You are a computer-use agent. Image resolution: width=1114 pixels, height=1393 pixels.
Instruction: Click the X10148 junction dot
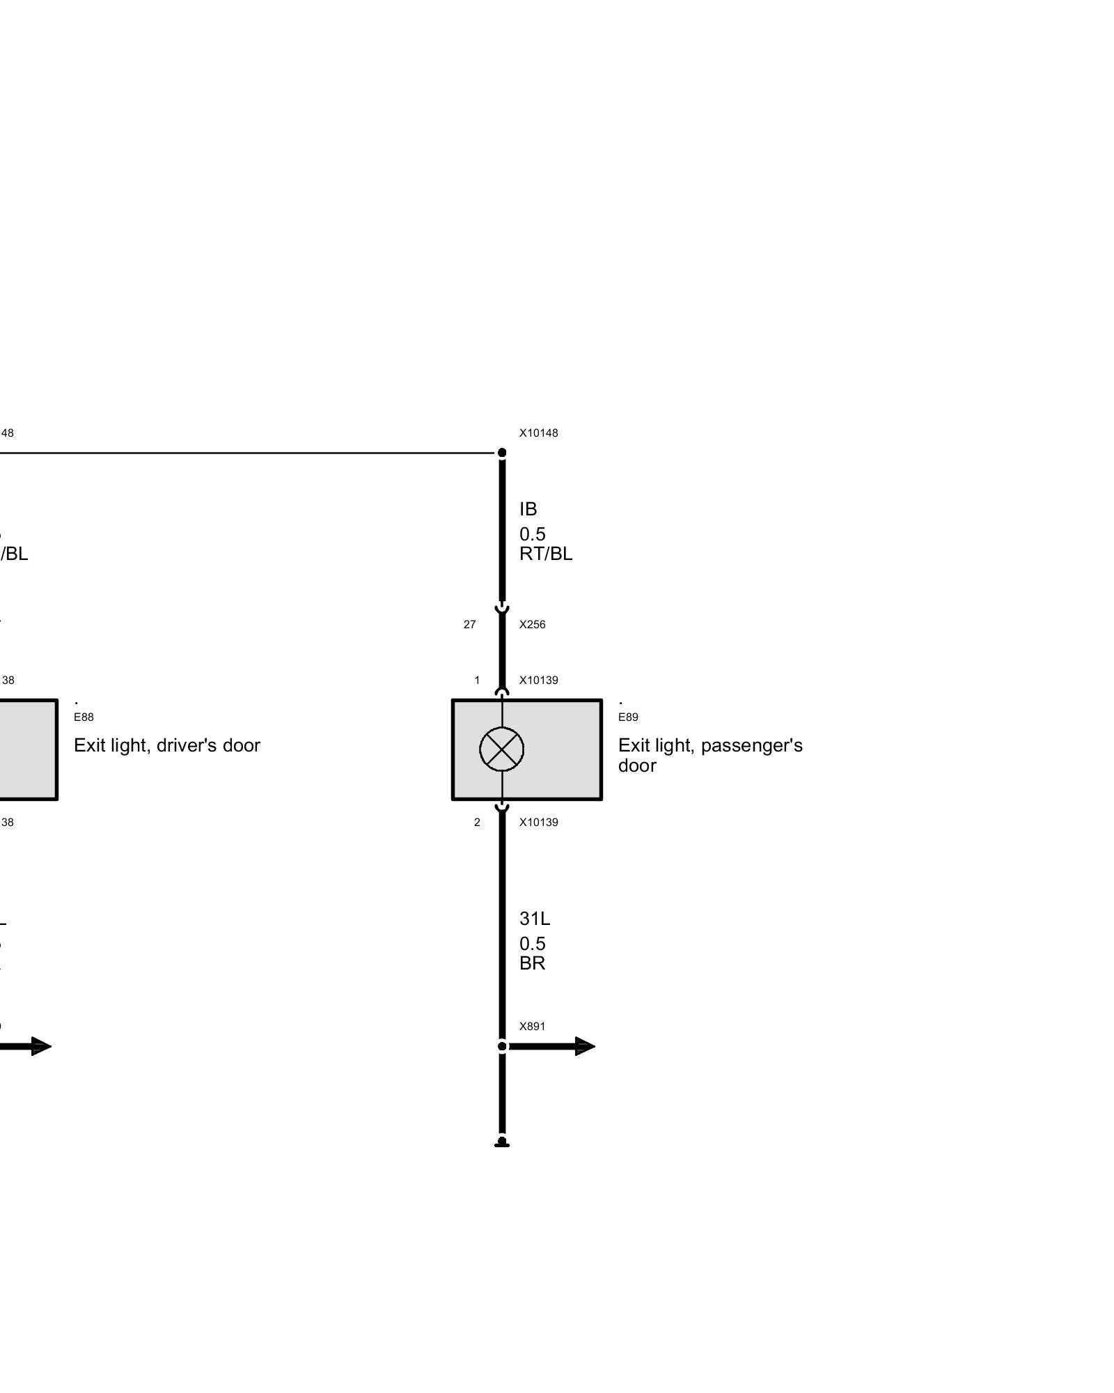pos(502,453)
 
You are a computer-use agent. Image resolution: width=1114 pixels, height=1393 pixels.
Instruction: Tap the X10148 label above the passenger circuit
pos(538,433)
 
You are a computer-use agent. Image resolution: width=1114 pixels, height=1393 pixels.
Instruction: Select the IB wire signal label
pos(528,509)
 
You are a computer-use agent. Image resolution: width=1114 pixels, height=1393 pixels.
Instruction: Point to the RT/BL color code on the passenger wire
pos(546,554)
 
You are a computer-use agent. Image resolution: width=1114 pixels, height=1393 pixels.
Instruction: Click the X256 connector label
pos(533,625)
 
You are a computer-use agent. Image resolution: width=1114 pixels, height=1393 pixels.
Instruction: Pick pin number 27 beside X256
pos(470,625)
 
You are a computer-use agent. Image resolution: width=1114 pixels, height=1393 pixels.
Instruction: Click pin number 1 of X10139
pos(477,680)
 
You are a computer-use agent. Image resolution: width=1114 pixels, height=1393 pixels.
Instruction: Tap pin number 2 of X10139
pos(477,823)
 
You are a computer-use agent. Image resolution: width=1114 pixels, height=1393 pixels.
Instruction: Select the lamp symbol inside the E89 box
pos(502,749)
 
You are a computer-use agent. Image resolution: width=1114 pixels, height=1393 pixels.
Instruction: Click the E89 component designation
pos(628,717)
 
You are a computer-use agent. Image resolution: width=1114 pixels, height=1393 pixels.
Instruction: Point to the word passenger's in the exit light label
pos(752,746)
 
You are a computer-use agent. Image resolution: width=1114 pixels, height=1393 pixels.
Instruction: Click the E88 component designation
pos(84,717)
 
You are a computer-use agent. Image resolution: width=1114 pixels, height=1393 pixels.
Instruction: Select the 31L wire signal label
pos(535,919)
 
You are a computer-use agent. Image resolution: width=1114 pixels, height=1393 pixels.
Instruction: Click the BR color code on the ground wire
pos(533,963)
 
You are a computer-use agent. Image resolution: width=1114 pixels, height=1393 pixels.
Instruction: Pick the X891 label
pos(533,1027)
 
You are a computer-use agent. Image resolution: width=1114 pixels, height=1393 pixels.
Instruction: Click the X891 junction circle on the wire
pos(502,1047)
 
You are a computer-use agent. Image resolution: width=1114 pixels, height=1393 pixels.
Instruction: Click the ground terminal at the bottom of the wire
pos(502,1143)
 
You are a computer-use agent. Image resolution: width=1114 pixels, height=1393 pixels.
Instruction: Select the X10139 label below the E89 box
pos(538,823)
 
